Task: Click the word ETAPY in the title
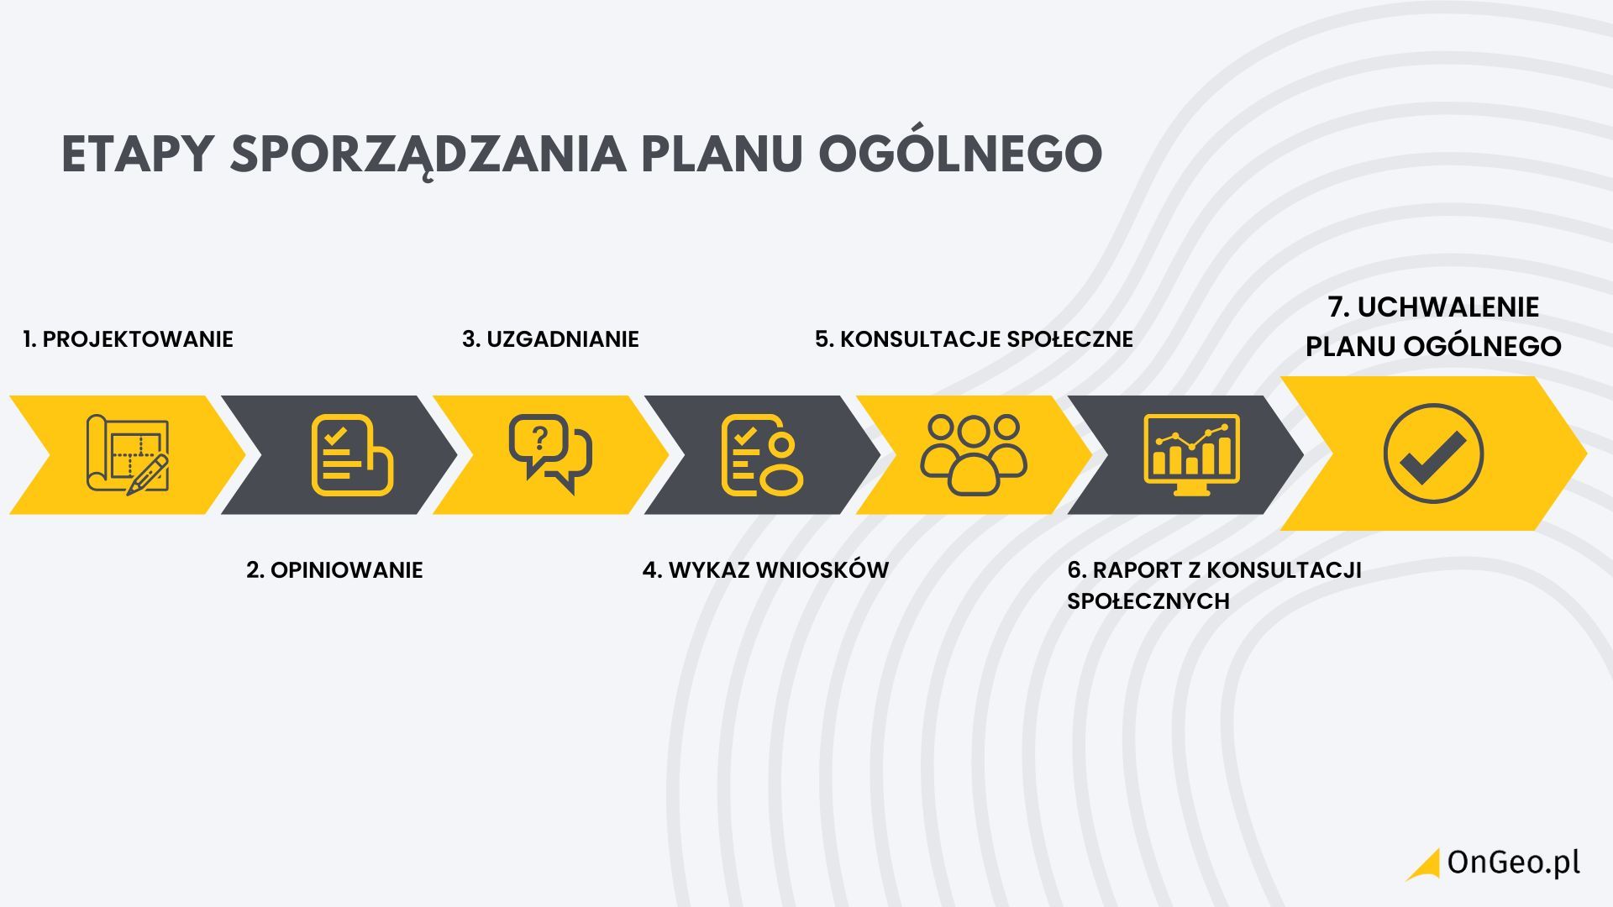click(136, 154)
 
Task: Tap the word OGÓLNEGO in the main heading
click(960, 154)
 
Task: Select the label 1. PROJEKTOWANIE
click(128, 339)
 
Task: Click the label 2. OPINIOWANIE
click(334, 570)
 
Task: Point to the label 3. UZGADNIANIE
click(550, 339)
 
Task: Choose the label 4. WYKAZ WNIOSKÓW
click(765, 570)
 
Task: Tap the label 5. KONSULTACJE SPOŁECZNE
click(974, 339)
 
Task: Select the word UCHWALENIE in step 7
click(1448, 307)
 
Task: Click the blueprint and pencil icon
click(128, 454)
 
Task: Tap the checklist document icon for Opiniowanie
click(352, 454)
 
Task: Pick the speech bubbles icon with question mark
click(550, 454)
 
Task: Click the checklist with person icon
click(763, 454)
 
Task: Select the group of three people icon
click(974, 454)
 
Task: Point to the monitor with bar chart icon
click(1191, 454)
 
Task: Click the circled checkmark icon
click(1433, 453)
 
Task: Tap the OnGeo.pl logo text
click(1513, 863)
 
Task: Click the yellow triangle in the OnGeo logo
click(1426, 868)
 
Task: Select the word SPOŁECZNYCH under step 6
click(1148, 601)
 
